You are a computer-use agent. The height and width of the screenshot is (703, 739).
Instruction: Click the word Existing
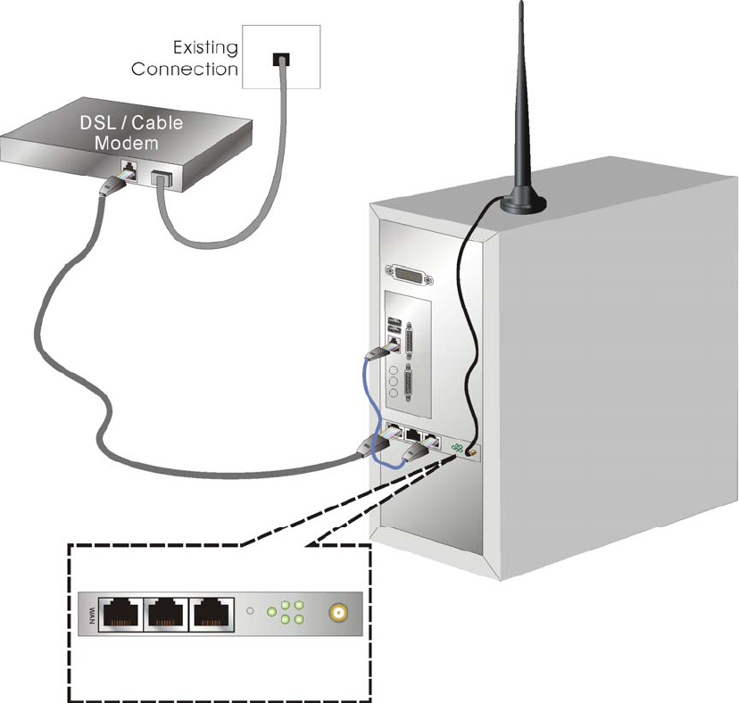coord(204,47)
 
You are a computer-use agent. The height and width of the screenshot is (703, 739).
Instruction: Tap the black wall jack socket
coord(280,61)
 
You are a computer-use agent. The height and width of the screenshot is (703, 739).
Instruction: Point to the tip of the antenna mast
coord(521,5)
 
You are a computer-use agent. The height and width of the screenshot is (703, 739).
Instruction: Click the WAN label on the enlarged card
coord(91,614)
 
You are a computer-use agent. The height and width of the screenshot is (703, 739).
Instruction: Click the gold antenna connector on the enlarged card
coord(338,614)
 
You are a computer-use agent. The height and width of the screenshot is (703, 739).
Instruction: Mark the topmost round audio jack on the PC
coord(393,365)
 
